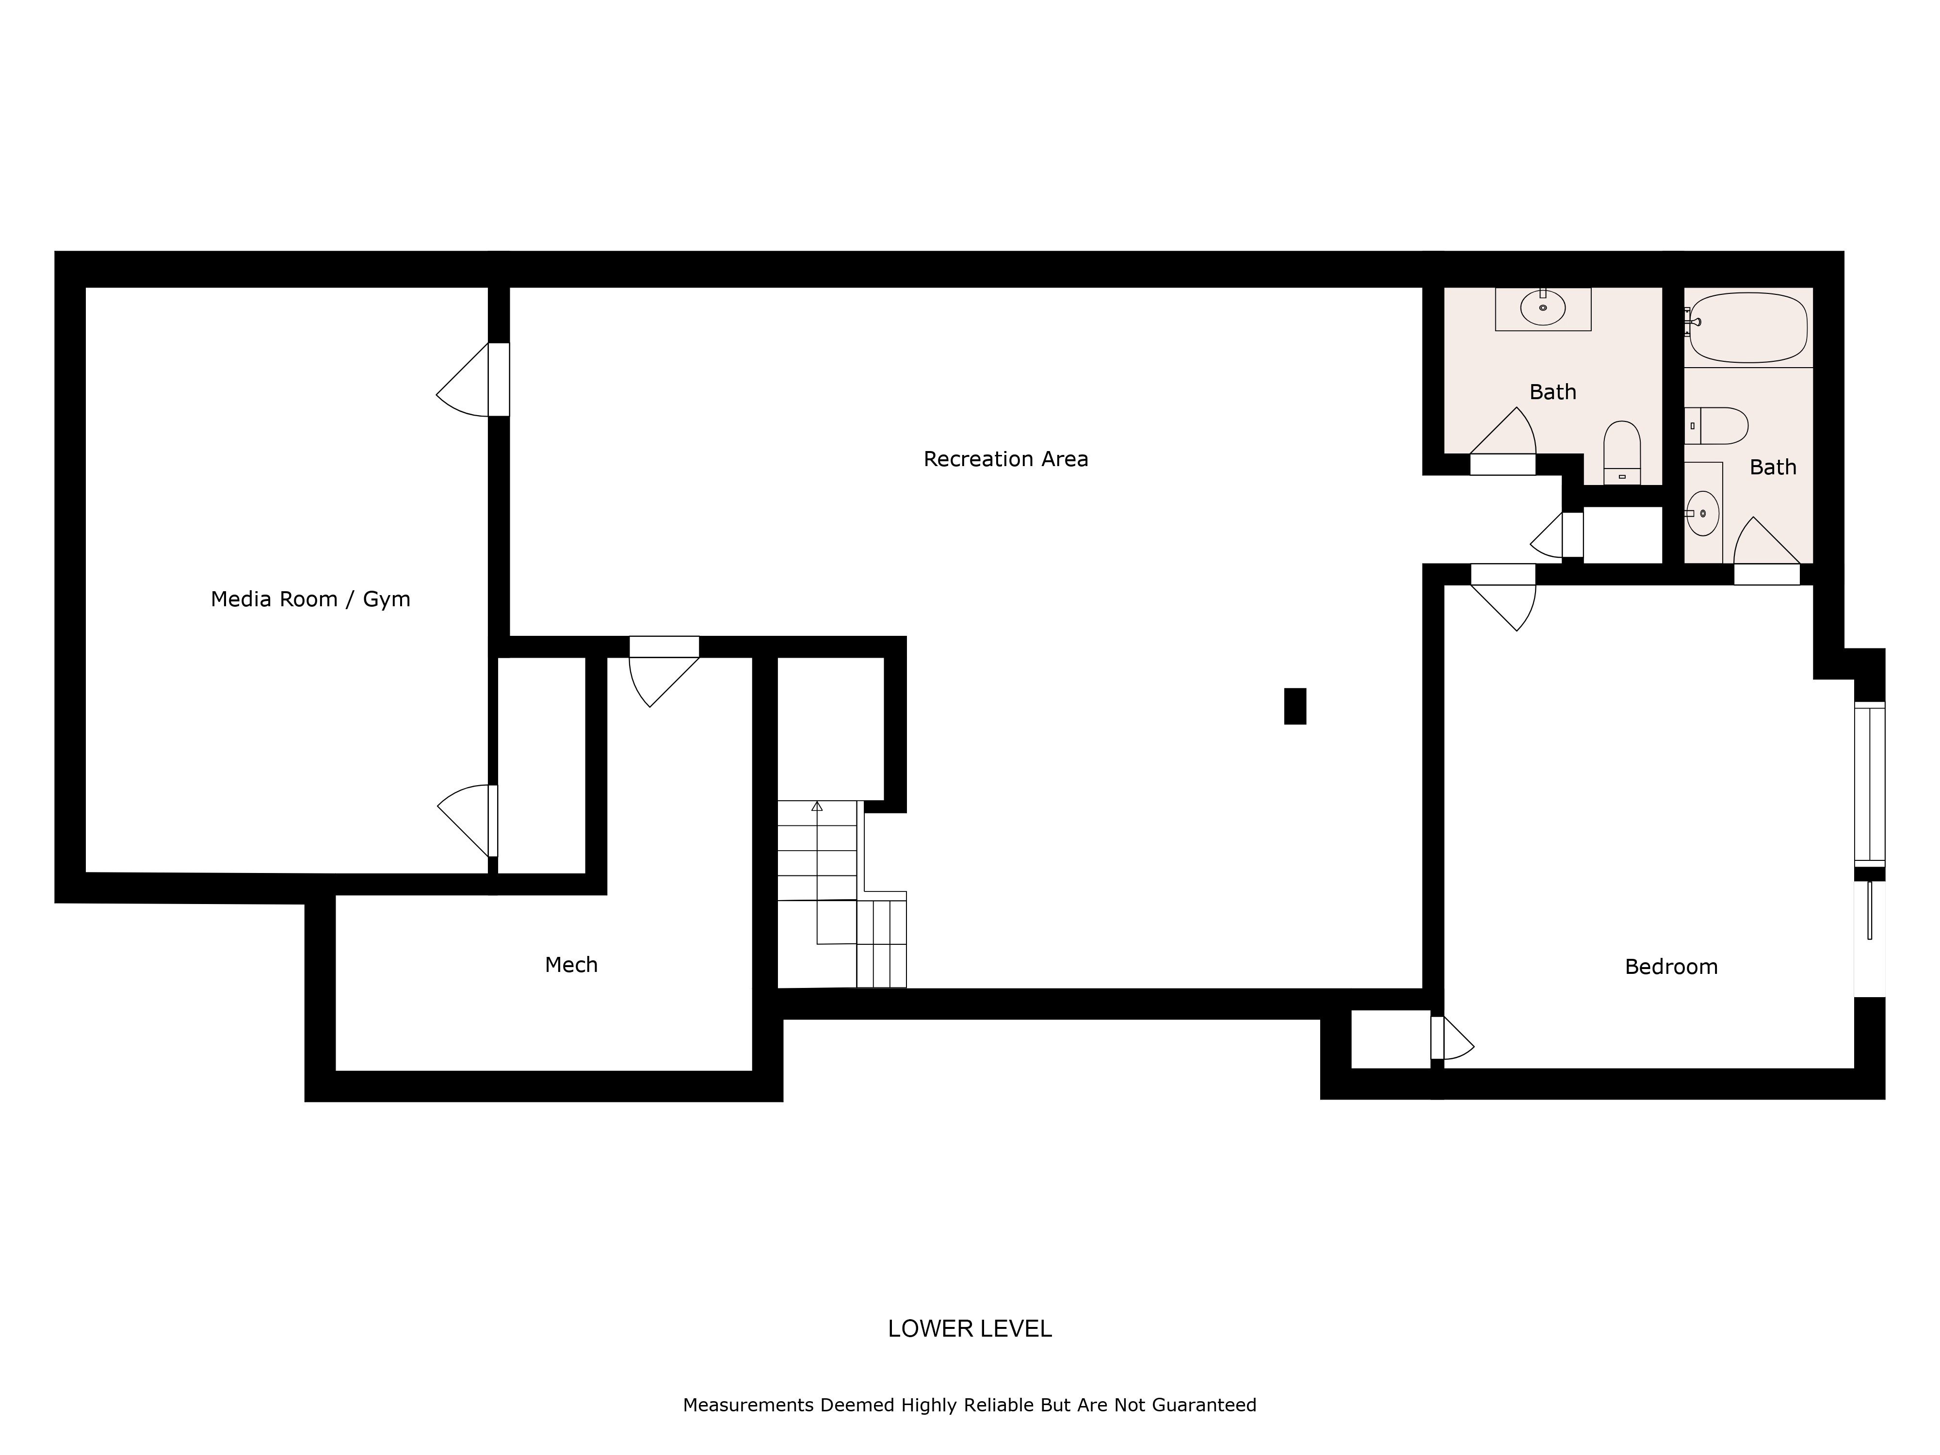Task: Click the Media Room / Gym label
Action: [310, 599]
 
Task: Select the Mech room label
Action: [571, 965]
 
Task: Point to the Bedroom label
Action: [1671, 967]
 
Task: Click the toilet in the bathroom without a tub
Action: [1622, 453]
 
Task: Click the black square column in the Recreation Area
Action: [1294, 706]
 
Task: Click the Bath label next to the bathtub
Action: [1773, 468]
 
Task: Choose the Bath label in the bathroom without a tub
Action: [1552, 392]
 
